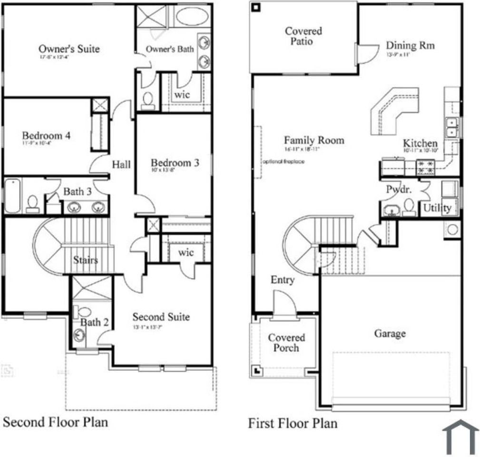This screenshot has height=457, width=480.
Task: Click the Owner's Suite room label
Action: tap(69, 49)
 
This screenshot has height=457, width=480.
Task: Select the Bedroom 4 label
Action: tap(46, 136)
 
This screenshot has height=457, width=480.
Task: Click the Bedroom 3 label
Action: tap(175, 163)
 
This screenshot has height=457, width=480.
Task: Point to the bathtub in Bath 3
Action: tap(12, 196)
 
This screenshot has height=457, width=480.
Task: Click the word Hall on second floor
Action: tap(121, 165)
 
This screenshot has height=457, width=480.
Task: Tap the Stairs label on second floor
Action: tap(86, 260)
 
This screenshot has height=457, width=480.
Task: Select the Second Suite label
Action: tap(161, 317)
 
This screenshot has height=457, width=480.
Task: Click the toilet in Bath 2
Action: tap(84, 312)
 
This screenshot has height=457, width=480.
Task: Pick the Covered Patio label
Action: tap(303, 36)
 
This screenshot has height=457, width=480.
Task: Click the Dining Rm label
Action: tap(410, 46)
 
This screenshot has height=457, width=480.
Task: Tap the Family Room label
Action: tap(313, 140)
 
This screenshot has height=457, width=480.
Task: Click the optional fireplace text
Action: tap(283, 161)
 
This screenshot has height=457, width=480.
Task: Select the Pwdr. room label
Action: tap(398, 189)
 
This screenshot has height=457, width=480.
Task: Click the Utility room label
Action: tap(437, 208)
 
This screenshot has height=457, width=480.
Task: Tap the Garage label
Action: tap(390, 333)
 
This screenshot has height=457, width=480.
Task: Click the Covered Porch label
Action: tap(286, 343)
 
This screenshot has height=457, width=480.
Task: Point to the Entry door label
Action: tap(283, 280)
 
